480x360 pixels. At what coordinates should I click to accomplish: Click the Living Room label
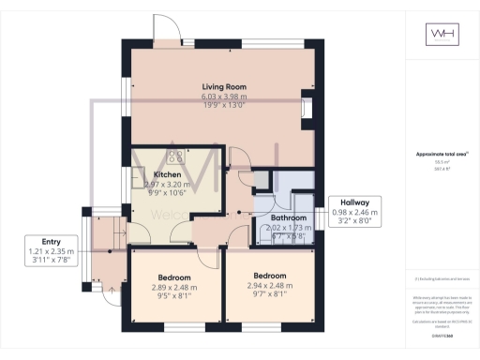223,87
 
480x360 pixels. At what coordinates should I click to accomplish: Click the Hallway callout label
354,202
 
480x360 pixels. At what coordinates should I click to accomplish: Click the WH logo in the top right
439,35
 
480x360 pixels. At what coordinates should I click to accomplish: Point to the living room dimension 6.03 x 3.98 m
223,97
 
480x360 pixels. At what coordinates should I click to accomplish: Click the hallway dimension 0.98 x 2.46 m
354,213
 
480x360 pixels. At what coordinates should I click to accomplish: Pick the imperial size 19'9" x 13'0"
223,106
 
